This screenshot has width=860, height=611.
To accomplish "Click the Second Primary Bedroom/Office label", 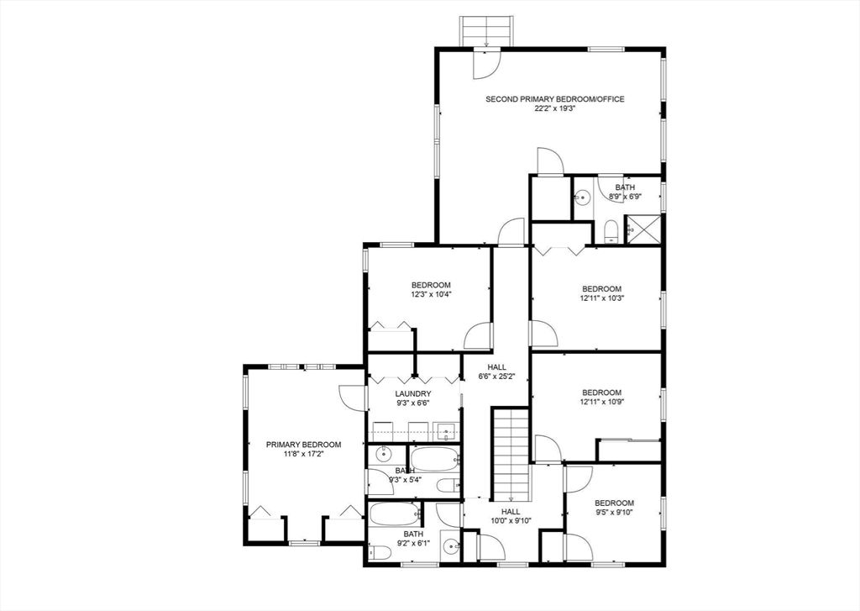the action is pyautogui.click(x=554, y=99).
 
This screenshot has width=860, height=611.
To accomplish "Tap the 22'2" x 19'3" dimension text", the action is pyautogui.click(x=555, y=108).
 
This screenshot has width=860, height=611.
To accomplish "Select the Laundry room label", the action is pyautogui.click(x=413, y=393).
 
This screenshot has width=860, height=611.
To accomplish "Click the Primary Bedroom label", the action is pyautogui.click(x=303, y=445).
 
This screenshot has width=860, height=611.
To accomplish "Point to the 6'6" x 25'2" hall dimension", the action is pyautogui.click(x=496, y=377).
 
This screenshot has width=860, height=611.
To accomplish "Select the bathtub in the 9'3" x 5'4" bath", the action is pyautogui.click(x=434, y=458).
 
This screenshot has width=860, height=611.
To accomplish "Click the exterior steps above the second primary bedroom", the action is pyautogui.click(x=486, y=32).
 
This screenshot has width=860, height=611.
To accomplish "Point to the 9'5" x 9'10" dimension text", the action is pyautogui.click(x=614, y=512).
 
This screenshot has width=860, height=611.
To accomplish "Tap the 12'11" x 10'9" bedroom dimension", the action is pyautogui.click(x=601, y=401).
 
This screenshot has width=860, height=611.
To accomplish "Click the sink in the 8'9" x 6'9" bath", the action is pyautogui.click(x=583, y=197).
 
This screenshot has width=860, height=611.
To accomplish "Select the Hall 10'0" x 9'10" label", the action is pyautogui.click(x=503, y=516).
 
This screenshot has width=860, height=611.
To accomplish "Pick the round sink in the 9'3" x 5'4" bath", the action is pyautogui.click(x=383, y=454).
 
